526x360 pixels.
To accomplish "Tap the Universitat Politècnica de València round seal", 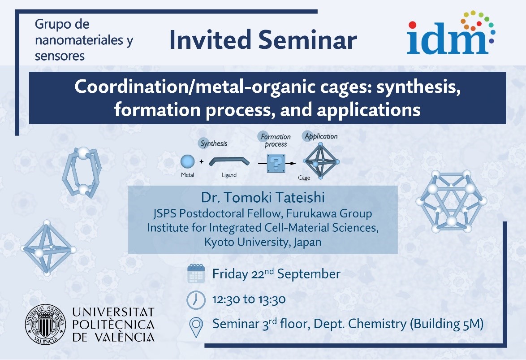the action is pos(46,325).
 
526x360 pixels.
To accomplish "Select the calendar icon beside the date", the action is pos(196,273).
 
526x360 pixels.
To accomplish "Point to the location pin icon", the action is pos(196,327).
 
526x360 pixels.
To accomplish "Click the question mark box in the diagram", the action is pos(276,163).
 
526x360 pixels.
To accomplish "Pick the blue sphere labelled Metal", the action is pos(187,161).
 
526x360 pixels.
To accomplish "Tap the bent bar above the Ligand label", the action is pos(229,161).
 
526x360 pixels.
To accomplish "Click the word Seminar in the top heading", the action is pos(308,39).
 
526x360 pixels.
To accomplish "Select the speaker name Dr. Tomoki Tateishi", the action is pos(263,197).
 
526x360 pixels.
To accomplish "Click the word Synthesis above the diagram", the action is pos(214,144).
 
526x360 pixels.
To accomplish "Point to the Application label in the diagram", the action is pos(321,136).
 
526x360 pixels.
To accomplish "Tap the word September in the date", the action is pos(309,274).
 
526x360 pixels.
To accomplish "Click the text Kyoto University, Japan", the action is pos(263,242).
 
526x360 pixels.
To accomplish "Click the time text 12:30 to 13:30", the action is pos(249,299).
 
